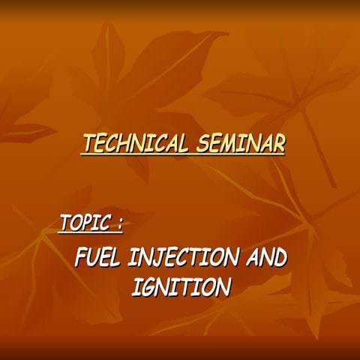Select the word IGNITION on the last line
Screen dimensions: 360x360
pyautogui.click(x=180, y=286)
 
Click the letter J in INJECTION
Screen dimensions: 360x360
pyautogui.click(x=160, y=259)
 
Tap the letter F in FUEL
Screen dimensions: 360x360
pyautogui.click(x=81, y=259)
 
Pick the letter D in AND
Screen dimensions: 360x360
pyautogui.click(x=280, y=259)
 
